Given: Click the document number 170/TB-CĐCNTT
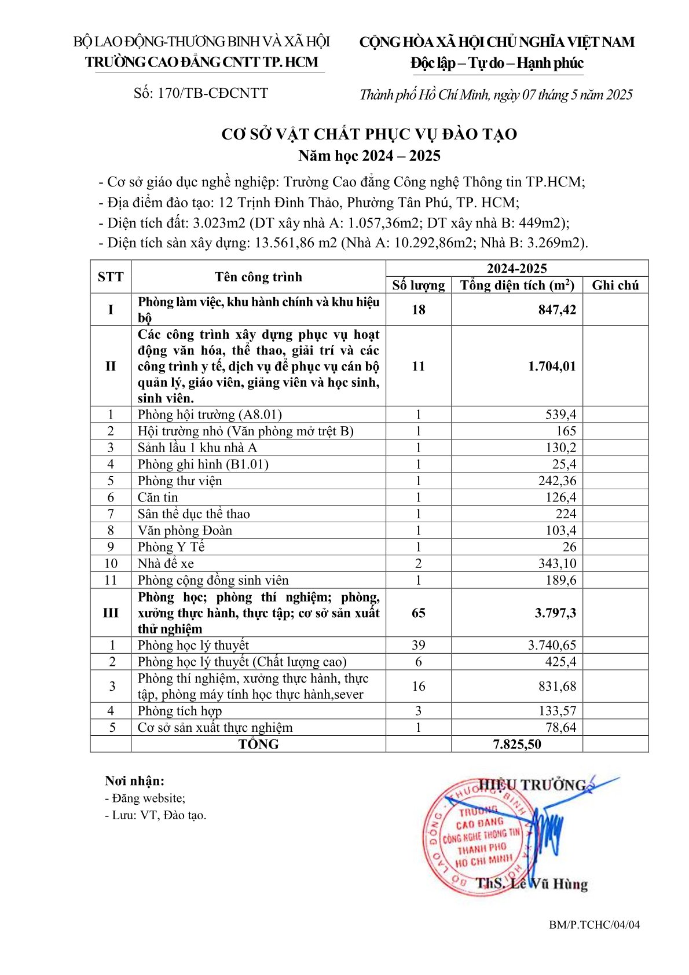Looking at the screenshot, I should click(x=200, y=93).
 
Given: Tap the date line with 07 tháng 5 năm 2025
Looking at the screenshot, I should click(x=496, y=94).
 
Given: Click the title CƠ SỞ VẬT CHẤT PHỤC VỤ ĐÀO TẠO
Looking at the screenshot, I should click(x=369, y=134).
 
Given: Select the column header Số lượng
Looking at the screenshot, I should click(x=418, y=285).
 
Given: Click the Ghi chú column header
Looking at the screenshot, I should click(x=615, y=285).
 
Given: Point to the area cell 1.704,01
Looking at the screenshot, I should click(x=552, y=366).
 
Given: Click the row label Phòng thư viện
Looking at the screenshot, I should click(x=179, y=481).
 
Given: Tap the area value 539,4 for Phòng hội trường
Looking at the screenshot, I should click(x=560, y=415).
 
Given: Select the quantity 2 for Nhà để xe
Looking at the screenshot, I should click(x=418, y=563).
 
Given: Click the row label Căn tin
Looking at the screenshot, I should click(x=157, y=497).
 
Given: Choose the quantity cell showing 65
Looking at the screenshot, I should click(x=418, y=613).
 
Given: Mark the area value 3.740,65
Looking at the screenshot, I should click(x=552, y=645).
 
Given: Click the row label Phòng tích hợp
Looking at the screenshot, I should click(x=179, y=711).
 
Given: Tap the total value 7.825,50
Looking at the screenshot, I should click(x=516, y=744).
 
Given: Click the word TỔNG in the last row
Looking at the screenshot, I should click(x=258, y=744).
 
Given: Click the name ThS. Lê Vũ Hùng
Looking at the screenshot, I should click(x=531, y=884).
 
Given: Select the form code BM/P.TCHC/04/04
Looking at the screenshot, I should click(x=594, y=925).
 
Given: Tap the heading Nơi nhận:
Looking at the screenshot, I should click(x=134, y=780).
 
